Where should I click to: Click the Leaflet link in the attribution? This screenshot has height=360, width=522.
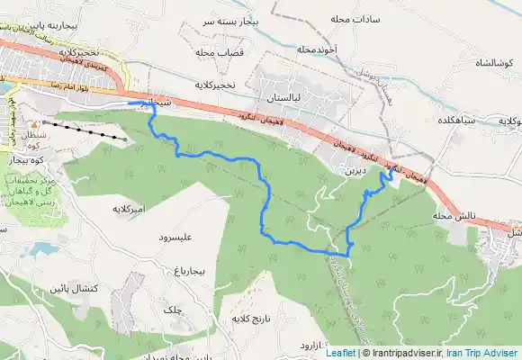point(339,353)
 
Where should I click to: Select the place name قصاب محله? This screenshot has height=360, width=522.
point(215,52)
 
